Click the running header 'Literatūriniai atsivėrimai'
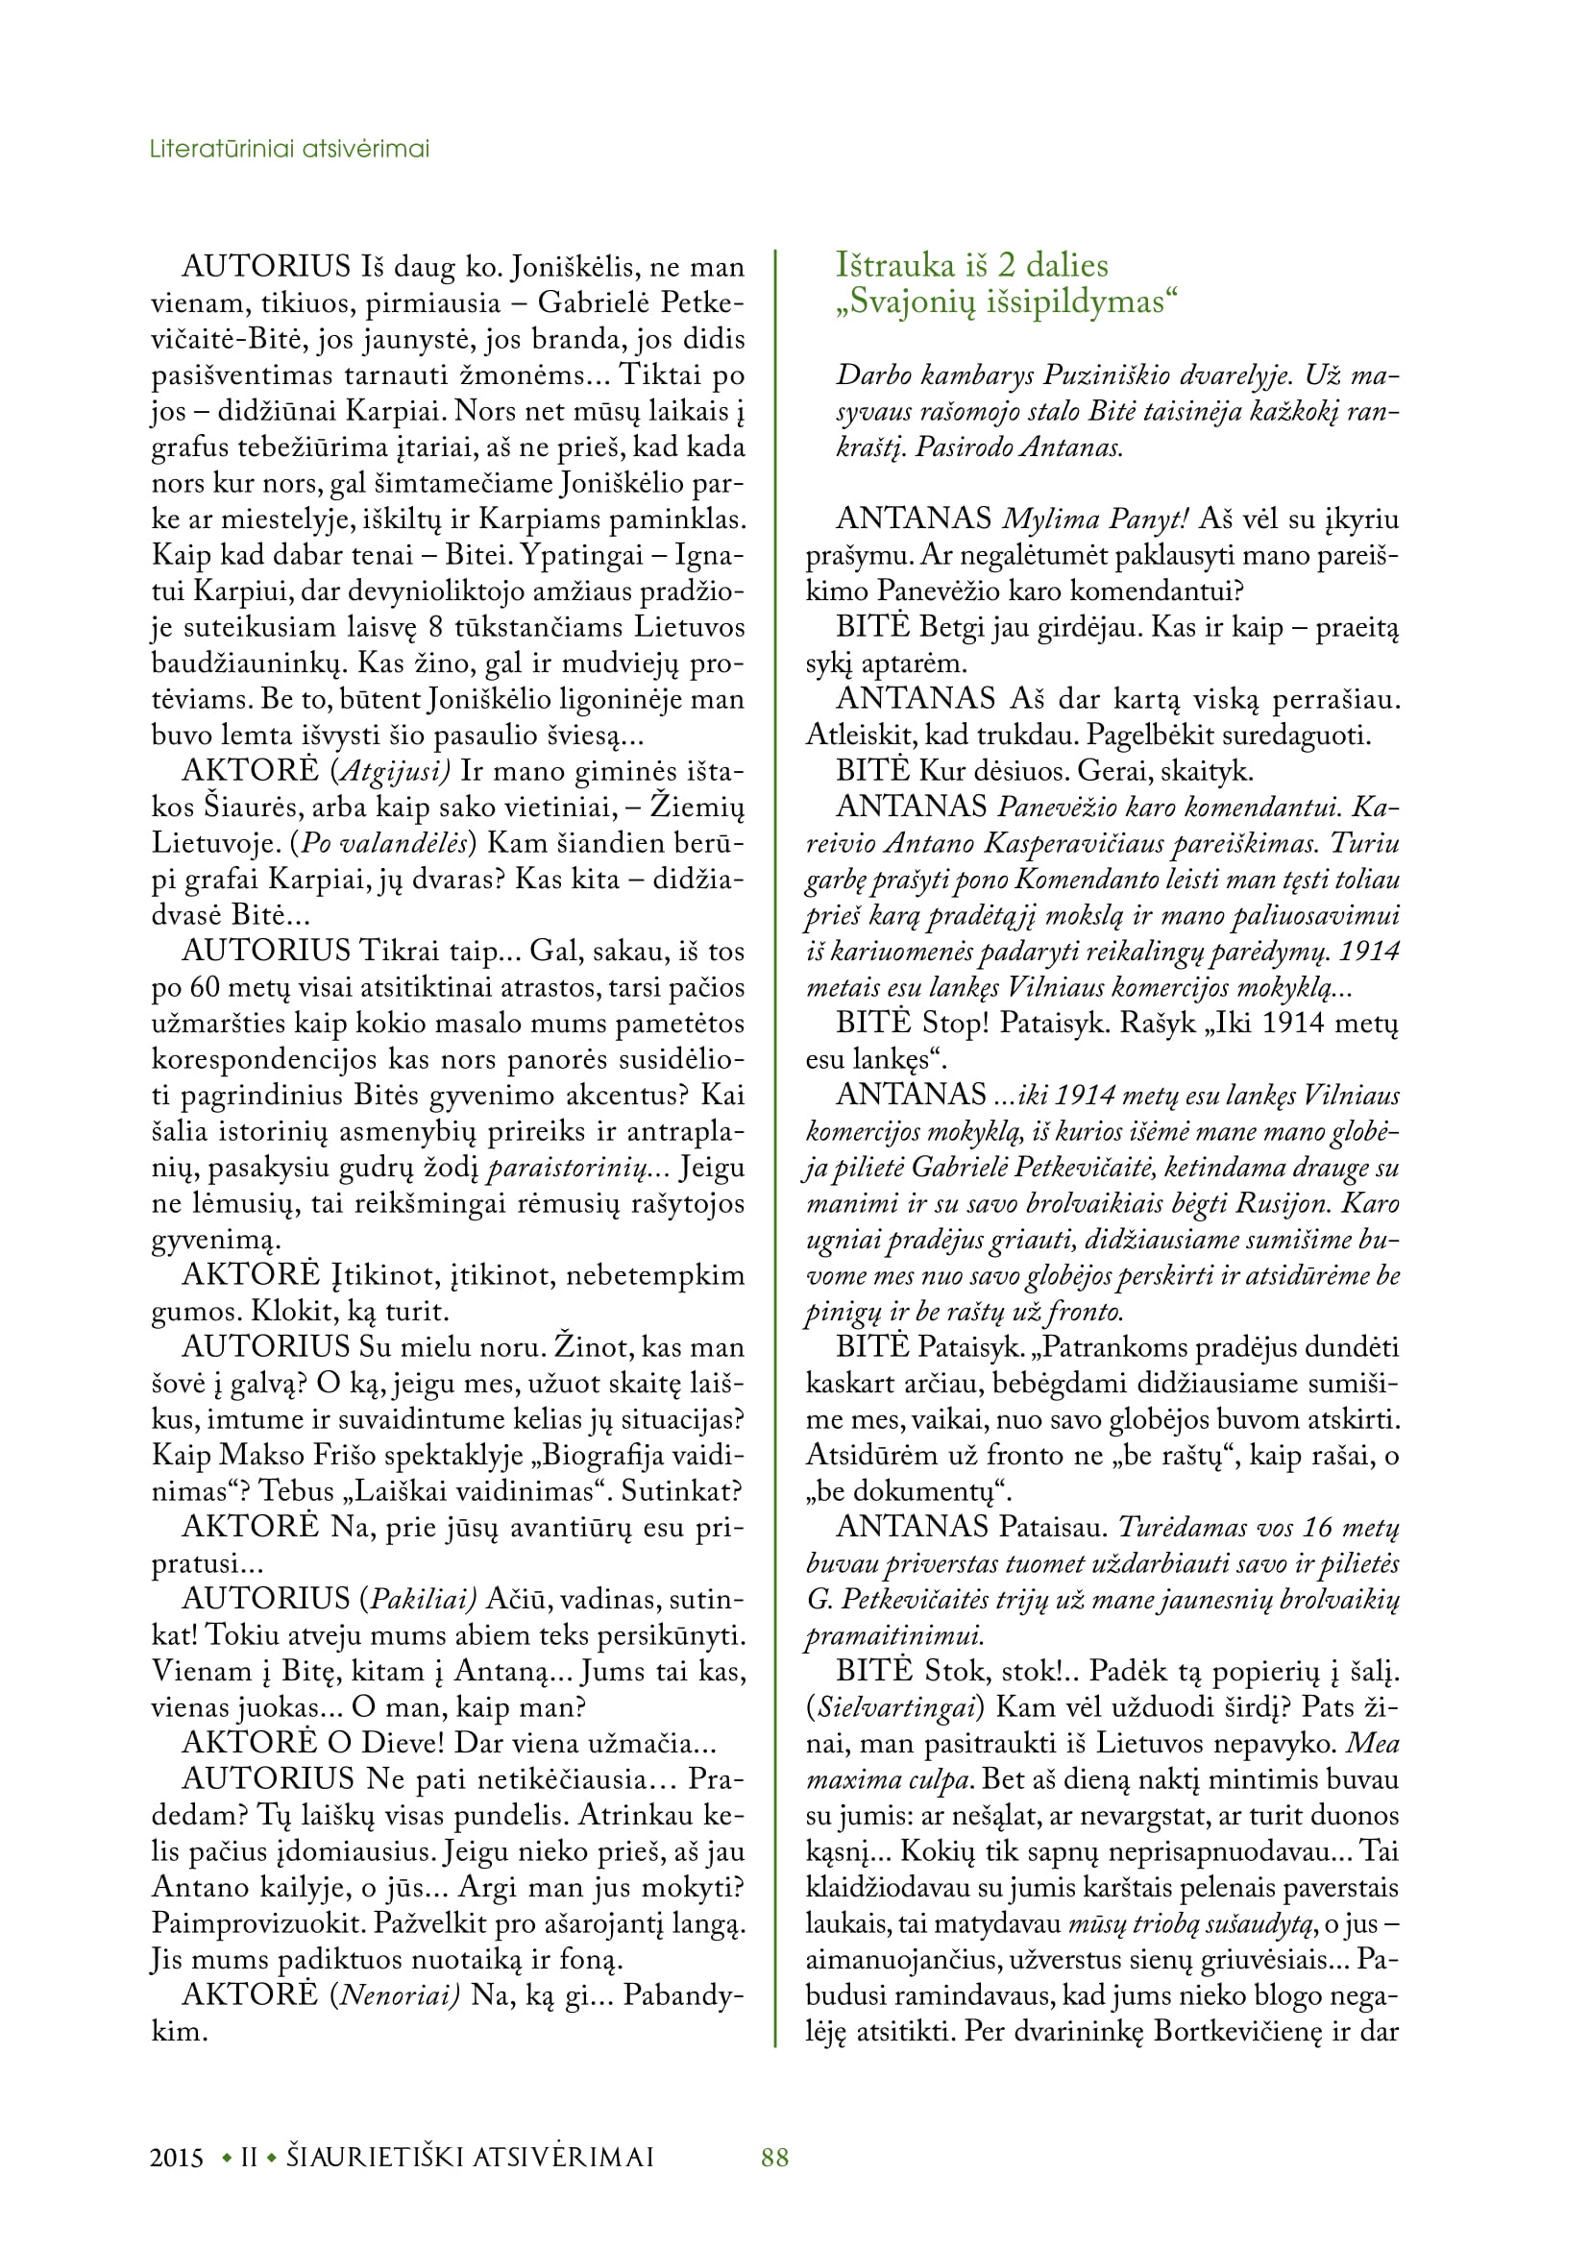[x=289, y=149]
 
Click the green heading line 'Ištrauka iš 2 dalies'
[x=971, y=265]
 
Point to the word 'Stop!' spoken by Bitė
[x=956, y=1024]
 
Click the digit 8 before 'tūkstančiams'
[x=435, y=627]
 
